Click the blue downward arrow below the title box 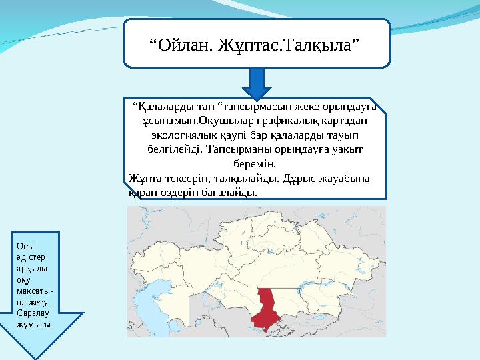[x=257, y=84]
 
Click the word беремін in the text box [x=256, y=163]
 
